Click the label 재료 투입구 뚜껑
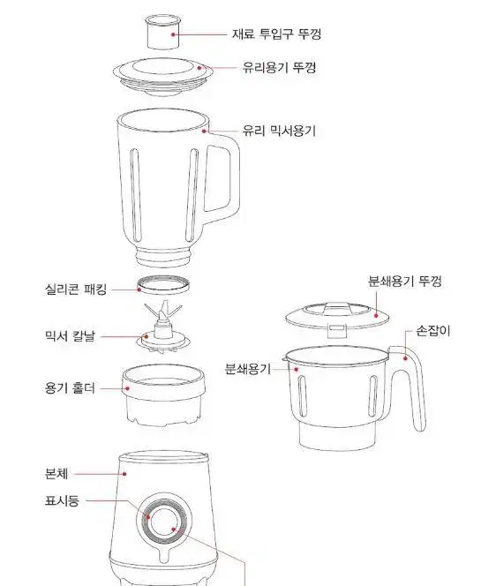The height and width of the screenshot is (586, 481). coord(276,34)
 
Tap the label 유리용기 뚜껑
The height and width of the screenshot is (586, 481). coord(279,67)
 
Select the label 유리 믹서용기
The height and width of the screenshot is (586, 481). coord(279,131)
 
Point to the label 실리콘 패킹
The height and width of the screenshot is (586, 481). coord(76,289)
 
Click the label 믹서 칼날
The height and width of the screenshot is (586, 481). coord(70,335)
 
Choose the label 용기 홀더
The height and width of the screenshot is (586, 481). coord(70,388)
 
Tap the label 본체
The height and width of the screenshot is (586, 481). coord(56,474)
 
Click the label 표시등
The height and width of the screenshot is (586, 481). coord(62,500)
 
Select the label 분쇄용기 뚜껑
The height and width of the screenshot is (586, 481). coord(405,281)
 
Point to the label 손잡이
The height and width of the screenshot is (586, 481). coord(433,331)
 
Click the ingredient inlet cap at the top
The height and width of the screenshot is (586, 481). coord(162,32)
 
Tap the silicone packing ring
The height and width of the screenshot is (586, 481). coord(163,285)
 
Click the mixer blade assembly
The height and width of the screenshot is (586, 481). coord(163,327)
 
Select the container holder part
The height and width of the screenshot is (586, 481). coord(163,395)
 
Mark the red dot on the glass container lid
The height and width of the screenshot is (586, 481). coord(199,68)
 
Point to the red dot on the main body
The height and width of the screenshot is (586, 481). coord(124,474)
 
